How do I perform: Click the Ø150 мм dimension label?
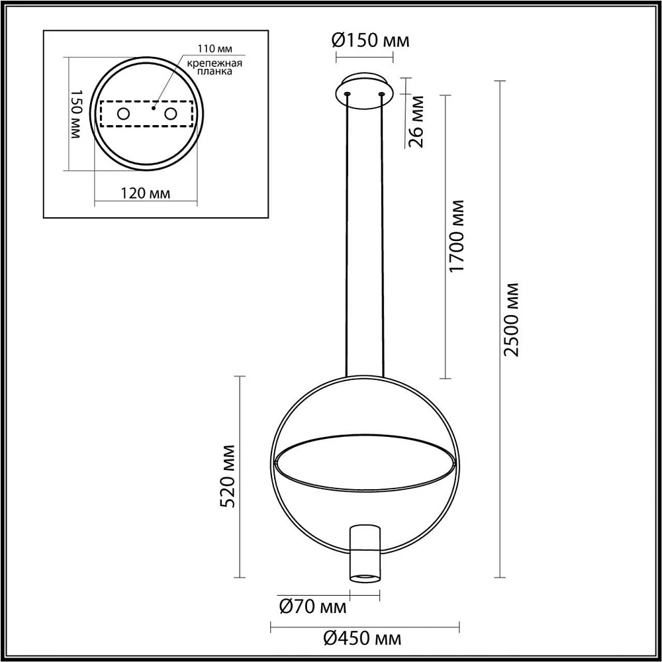click(x=371, y=41)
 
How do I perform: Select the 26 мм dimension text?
click(x=416, y=121)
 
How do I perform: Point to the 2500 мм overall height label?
click(x=511, y=320)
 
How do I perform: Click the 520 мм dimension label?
click(x=228, y=476)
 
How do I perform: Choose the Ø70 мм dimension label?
click(x=313, y=607)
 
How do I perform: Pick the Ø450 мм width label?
click(x=363, y=639)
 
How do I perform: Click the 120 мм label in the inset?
click(x=146, y=193)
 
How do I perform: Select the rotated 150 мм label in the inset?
click(x=75, y=114)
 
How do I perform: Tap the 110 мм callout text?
click(x=215, y=48)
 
